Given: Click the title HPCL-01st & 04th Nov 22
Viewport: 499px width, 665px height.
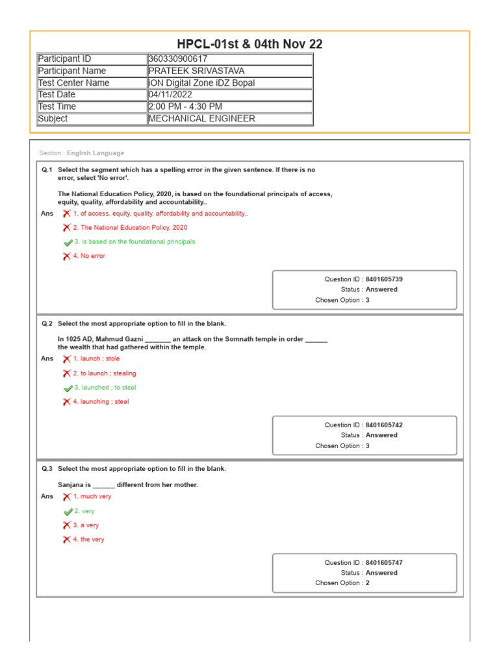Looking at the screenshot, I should pos(249,44).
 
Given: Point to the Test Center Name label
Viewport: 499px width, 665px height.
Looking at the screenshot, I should pos(73,83).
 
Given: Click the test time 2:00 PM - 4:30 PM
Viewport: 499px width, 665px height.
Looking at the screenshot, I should pos(185,107).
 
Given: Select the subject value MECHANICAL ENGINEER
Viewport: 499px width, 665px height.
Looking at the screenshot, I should pos(201,119).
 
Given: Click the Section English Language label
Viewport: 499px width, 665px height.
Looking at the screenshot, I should pos(82,153).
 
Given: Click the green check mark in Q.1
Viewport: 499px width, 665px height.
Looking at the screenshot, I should pos(68,242).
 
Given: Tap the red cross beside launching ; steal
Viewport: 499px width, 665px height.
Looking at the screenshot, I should pos(67,402).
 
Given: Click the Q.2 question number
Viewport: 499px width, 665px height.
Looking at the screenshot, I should pos(47,323).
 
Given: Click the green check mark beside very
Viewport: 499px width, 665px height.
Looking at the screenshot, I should pos(68,512).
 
